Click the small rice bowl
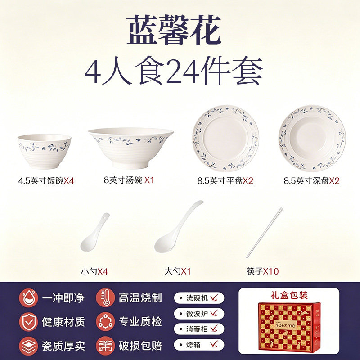tap(44, 152)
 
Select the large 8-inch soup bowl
tap(130, 148)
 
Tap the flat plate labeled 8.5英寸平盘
tap(226, 139)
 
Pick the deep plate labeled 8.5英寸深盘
tap(312, 139)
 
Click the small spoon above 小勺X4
tap(94, 232)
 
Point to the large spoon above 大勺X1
tap(179, 227)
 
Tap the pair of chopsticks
tap(265, 233)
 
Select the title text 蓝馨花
tap(174, 30)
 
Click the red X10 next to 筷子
tap(271, 271)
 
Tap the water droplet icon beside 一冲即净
tap(28, 298)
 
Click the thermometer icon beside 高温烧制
tap(105, 298)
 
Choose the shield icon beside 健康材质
tap(28, 322)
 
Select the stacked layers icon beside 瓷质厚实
tap(28, 346)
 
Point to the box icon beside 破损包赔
tap(105, 346)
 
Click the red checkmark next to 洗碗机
tap(214, 298)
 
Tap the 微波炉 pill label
tap(199, 313)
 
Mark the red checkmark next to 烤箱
tap(214, 344)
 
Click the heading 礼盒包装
tap(289, 295)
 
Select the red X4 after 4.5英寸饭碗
tap(69, 181)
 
